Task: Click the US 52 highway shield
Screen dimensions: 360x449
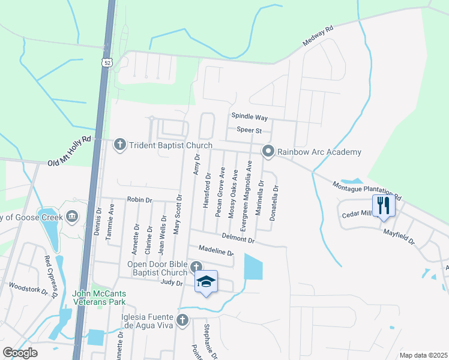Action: coord(107,62)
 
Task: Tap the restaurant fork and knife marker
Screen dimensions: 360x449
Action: coord(382,206)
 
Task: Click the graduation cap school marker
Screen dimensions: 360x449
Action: coord(206,281)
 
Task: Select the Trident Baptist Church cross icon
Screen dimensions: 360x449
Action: coord(119,144)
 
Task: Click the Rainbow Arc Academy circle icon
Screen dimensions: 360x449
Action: coord(268,151)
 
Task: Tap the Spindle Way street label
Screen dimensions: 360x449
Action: coord(249,118)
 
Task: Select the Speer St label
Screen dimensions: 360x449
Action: coord(249,130)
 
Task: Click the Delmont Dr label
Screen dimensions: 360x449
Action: coord(238,238)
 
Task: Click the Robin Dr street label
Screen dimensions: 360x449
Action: coord(140,199)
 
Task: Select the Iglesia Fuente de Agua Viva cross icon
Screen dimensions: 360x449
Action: coord(182,319)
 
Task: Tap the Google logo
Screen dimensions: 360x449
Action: coord(20,353)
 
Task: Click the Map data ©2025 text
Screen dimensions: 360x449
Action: coord(423,355)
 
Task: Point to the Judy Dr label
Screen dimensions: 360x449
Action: coord(171,281)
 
